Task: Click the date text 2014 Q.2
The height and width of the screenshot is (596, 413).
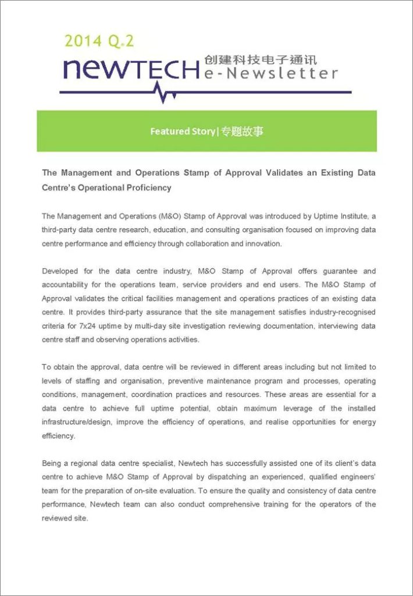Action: coord(99,41)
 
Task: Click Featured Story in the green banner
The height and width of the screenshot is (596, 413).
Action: coord(182,132)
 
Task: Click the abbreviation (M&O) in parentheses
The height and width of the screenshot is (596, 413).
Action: coord(150,216)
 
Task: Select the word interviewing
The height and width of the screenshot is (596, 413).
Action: coord(337,327)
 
